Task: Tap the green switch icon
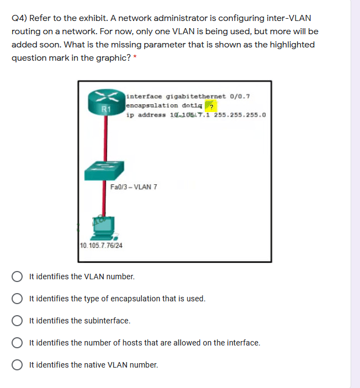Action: (104, 171)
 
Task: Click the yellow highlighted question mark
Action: (210, 106)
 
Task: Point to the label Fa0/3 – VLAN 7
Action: (134, 187)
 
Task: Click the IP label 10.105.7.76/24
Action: (101, 245)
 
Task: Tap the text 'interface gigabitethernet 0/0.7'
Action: (188, 96)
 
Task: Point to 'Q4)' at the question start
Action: (19, 18)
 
